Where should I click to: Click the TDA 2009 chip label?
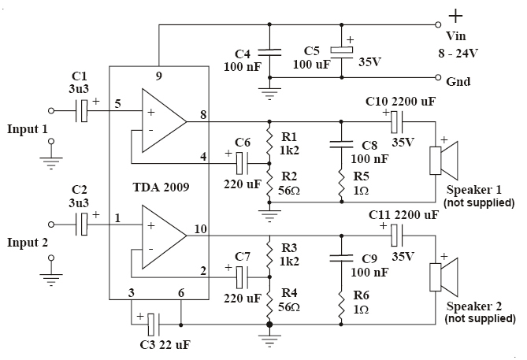pos(161,187)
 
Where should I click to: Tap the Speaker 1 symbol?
pos(443,161)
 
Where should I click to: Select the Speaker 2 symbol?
pos(443,277)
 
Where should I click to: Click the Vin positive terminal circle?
pos(438,24)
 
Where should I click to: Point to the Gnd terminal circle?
pos(438,78)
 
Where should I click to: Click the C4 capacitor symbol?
pos(269,53)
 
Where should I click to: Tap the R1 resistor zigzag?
pos(269,143)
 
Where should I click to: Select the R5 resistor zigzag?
pos(341,184)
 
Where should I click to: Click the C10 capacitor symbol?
pos(397,122)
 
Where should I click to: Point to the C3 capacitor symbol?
pos(154,325)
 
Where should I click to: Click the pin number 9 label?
pos(158,76)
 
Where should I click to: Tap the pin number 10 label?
pos(200,229)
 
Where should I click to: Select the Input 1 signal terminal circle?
pos(51,110)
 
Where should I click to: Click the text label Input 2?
pos(28,243)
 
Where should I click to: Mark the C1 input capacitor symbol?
pos(81,110)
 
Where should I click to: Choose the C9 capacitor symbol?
pos(341,258)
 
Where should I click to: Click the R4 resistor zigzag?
pos(269,303)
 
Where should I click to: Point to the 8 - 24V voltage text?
pos(458,53)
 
